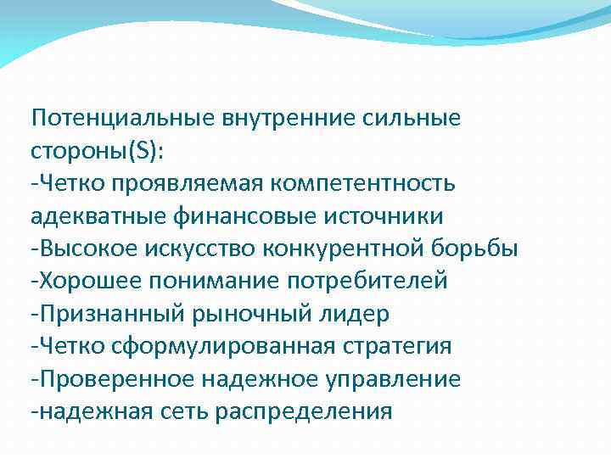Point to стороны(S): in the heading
tap(99, 150)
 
